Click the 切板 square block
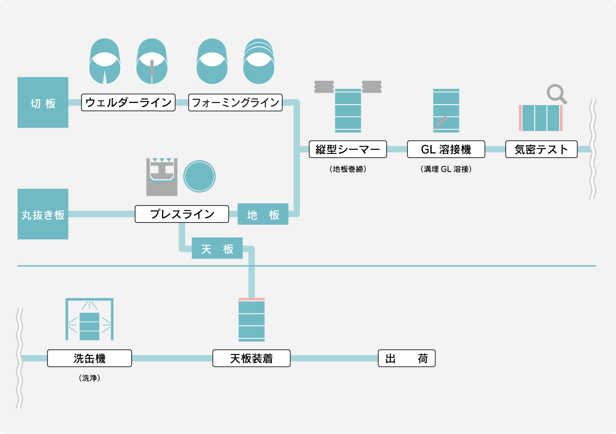click(x=43, y=103)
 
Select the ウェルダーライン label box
click(x=128, y=103)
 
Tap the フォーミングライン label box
click(x=235, y=103)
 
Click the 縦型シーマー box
click(x=348, y=149)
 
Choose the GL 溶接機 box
click(x=446, y=149)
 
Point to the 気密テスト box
click(x=541, y=149)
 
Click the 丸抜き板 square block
click(x=43, y=214)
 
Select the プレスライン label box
click(x=182, y=214)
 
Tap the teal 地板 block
click(x=263, y=214)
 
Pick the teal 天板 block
click(x=217, y=248)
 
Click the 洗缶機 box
click(x=89, y=358)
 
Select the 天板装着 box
click(x=252, y=358)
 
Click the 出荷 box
click(x=406, y=358)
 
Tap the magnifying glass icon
click(x=556, y=94)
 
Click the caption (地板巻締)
click(x=348, y=169)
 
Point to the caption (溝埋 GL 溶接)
click(x=446, y=169)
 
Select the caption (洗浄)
click(x=89, y=378)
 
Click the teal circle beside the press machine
click(x=199, y=176)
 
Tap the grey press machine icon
click(x=162, y=177)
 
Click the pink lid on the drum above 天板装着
click(x=252, y=299)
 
